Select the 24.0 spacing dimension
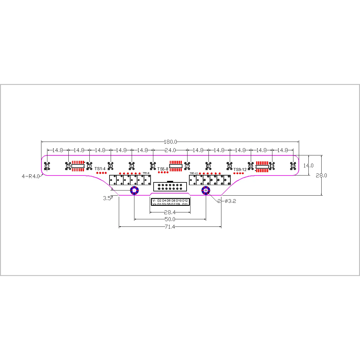[170, 150]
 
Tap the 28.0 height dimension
[321, 175]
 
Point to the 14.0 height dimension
[308, 166]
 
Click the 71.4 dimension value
[170, 227]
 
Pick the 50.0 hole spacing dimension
[170, 220]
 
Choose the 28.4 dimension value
[170, 212]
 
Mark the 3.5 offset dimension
[107, 198]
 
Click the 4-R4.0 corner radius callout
[31, 177]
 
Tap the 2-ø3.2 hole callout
[227, 201]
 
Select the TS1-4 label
[100, 169]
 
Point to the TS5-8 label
[163, 169]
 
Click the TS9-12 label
[240, 169]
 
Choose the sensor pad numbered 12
[293, 166]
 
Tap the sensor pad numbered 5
[132, 166]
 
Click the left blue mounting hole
[134, 190]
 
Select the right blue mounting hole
[206, 190]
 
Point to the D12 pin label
[185, 200]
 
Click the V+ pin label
[154, 204]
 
